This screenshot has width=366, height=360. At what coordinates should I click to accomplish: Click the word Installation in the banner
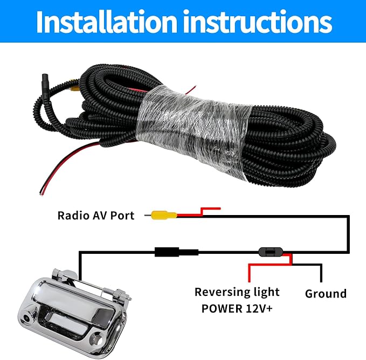pyautogui.click(x=106, y=22)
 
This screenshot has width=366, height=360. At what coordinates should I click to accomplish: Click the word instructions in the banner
pyautogui.click(x=258, y=22)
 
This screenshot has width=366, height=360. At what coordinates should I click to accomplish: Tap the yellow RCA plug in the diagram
pyautogui.click(x=164, y=215)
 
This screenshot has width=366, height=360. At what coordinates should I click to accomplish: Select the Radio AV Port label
pyautogui.click(x=96, y=216)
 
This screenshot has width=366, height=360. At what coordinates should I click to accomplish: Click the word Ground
pyautogui.click(x=326, y=294)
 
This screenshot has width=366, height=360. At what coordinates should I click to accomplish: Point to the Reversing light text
pyautogui.click(x=237, y=292)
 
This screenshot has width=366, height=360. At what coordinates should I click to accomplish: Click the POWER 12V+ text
pyautogui.click(x=237, y=308)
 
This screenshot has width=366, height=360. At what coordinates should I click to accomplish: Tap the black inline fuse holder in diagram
pyautogui.click(x=271, y=252)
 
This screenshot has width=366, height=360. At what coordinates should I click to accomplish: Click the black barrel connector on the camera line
pyautogui.click(x=176, y=252)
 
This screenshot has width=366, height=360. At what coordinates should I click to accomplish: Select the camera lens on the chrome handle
pyautogui.click(x=26, y=319)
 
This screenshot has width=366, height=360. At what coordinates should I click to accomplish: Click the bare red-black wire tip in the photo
pyautogui.click(x=42, y=193)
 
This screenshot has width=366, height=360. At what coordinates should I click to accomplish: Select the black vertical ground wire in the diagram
pyautogui.click(x=321, y=273)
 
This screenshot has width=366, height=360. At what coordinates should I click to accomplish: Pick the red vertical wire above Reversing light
pyautogui.click(x=249, y=273)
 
